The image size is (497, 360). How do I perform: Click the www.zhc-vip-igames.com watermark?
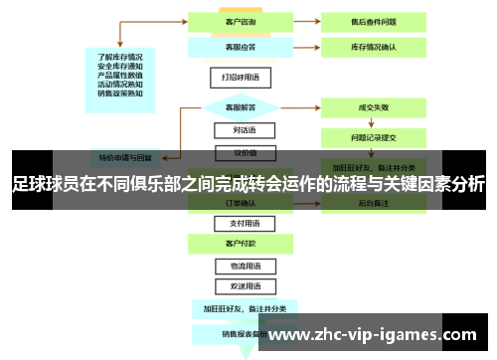tap(373, 333)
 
